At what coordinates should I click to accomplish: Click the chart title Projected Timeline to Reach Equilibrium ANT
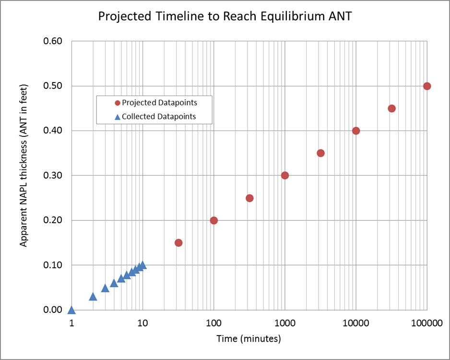(x=225, y=16)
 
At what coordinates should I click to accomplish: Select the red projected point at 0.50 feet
(x=427, y=86)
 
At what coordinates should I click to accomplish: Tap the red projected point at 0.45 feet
(x=392, y=108)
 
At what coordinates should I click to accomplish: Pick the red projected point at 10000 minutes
(x=356, y=131)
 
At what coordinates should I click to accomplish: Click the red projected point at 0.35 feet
(x=320, y=153)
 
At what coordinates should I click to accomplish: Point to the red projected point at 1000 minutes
(x=284, y=175)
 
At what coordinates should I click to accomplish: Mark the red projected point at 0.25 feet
(x=249, y=198)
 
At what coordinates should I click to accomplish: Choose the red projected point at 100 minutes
(x=213, y=220)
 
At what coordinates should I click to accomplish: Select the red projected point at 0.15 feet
(x=178, y=243)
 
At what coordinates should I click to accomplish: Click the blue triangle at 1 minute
(x=71, y=311)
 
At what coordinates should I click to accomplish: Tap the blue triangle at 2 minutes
(x=93, y=297)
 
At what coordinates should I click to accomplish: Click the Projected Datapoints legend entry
(x=156, y=103)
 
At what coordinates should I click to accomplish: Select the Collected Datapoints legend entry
(x=155, y=117)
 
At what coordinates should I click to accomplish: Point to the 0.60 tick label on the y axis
(x=52, y=41)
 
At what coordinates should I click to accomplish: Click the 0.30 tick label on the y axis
(x=52, y=175)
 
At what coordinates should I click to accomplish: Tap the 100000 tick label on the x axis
(x=427, y=323)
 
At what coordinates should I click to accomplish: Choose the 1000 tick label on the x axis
(x=284, y=323)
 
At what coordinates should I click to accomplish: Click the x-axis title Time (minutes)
(x=249, y=339)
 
